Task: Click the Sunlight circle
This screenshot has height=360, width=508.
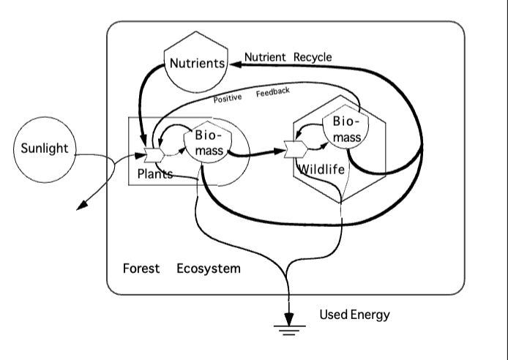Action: click(x=44, y=149)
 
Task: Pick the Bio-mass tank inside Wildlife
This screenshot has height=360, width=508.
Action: click(x=343, y=128)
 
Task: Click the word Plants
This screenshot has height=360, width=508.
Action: click(x=155, y=174)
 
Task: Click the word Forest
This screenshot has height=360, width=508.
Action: click(x=141, y=269)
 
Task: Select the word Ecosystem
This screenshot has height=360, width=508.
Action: click(x=208, y=269)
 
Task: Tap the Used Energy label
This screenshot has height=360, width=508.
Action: click(x=354, y=315)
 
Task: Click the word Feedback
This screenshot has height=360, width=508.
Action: click(x=273, y=92)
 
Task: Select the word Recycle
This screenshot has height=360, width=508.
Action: click(x=313, y=57)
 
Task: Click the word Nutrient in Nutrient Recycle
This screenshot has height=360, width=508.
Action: click(x=265, y=57)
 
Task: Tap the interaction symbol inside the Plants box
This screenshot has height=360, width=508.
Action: click(x=154, y=154)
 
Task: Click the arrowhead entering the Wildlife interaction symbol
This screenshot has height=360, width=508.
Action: click(x=281, y=153)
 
